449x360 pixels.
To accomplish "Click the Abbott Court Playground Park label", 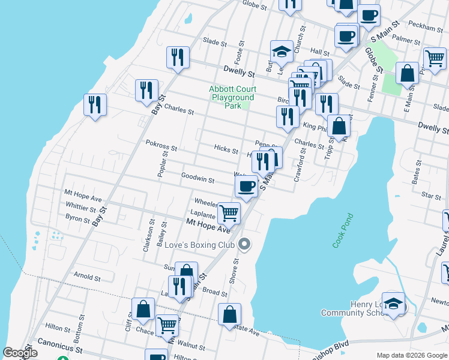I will coord(232,97).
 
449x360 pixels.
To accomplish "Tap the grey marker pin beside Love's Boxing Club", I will coord(244,244).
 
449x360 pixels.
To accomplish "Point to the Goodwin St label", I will coord(197,179).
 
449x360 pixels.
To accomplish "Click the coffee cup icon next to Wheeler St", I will coord(246,187).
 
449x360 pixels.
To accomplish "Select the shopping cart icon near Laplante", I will coord(229,212).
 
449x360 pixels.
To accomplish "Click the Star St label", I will coord(431,196).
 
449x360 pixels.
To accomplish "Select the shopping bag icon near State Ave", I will coord(230,313).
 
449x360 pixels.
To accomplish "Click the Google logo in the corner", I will coord(20,353).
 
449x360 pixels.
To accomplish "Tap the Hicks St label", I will coord(226,148).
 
